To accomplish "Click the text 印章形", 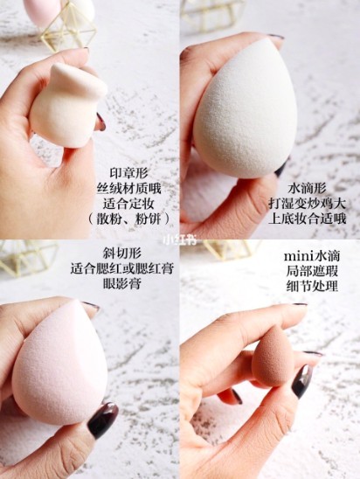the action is point(128,173).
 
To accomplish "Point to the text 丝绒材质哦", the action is point(128,189).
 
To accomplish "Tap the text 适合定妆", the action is point(128,204).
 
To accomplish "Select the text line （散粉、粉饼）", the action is point(128,219).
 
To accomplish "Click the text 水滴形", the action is point(307,188).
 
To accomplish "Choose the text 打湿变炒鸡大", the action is point(307,203).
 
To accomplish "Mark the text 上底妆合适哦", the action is point(307,219).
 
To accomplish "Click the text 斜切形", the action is point(121,253).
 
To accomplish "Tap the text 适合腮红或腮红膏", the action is point(121,268).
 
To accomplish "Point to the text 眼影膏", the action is point(121,284).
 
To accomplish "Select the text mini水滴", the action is point(312,256).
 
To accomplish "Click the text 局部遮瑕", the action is point(312,271).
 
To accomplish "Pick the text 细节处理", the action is point(312,286).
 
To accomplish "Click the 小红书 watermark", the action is point(179,239).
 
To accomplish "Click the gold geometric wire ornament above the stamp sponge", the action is point(70,27).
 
